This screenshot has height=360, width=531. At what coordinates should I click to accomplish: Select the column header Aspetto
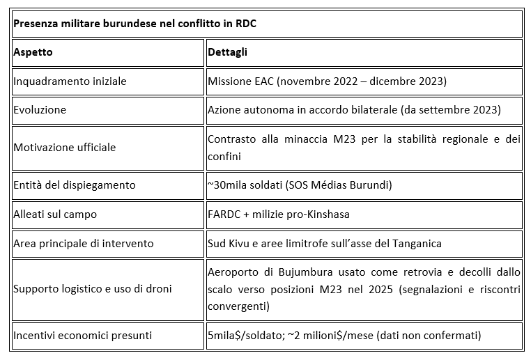(33, 52)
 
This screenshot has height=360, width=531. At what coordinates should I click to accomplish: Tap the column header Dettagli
(228, 52)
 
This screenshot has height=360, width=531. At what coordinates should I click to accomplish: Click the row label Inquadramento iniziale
(70, 81)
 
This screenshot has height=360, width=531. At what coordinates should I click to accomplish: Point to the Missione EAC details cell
(327, 81)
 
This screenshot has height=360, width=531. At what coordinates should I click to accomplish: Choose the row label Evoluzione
(40, 110)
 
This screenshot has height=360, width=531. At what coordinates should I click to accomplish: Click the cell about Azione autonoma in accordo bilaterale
(354, 110)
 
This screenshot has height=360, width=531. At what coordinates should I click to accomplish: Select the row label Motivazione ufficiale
(64, 148)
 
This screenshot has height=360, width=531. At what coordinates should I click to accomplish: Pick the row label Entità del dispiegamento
(74, 185)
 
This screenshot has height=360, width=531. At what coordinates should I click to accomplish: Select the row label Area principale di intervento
(83, 243)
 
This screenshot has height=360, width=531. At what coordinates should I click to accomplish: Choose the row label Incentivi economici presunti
(82, 336)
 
